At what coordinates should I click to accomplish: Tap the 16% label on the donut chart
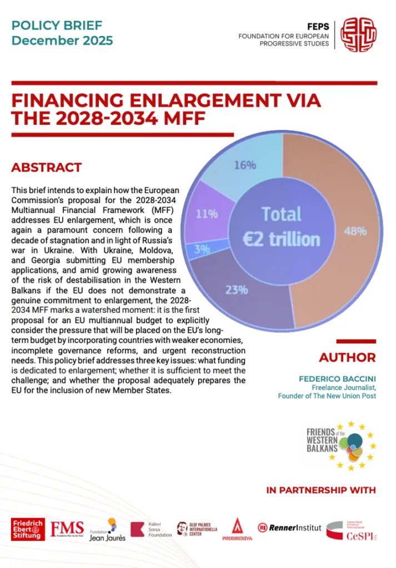(x=244, y=165)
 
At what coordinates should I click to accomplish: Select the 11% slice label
(x=206, y=213)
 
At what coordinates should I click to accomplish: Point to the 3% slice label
(x=202, y=250)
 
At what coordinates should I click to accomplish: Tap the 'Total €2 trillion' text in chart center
(x=282, y=226)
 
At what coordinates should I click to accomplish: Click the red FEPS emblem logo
(x=358, y=34)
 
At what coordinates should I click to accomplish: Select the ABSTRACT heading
(x=47, y=168)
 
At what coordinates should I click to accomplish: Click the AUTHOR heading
(x=347, y=357)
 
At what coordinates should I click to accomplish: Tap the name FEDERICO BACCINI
(x=337, y=379)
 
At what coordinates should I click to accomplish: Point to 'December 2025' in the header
(x=62, y=40)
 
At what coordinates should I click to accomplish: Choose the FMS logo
(x=67, y=529)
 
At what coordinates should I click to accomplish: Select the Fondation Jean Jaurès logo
(x=107, y=529)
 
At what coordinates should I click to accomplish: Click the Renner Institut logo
(x=289, y=528)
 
